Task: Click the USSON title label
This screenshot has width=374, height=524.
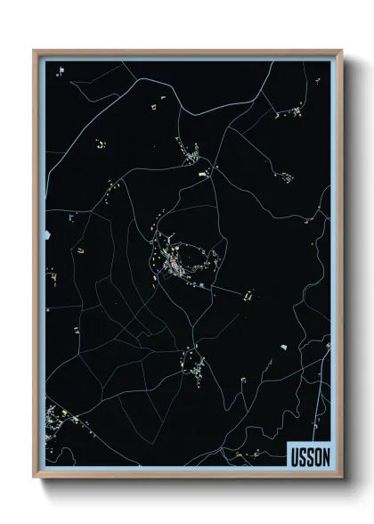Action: [309, 457]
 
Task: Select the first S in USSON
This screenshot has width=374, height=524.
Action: [302, 457]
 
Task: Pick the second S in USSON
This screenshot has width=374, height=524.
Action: [309, 457]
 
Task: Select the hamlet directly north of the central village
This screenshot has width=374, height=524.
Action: [194, 159]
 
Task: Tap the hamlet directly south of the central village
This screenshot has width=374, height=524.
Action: [192, 364]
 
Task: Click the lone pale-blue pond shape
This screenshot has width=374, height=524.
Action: [283, 345]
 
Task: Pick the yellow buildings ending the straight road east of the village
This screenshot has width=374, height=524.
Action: [248, 291]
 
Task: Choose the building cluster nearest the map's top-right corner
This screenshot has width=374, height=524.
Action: [288, 112]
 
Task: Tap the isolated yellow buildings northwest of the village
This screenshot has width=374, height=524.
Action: [101, 143]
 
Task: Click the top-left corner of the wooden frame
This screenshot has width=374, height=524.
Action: [35, 51]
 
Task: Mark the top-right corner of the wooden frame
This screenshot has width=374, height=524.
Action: [339, 51]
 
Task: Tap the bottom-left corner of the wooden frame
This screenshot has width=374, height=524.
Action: [35, 478]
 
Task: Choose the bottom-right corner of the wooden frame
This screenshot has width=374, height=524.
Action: [339, 478]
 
